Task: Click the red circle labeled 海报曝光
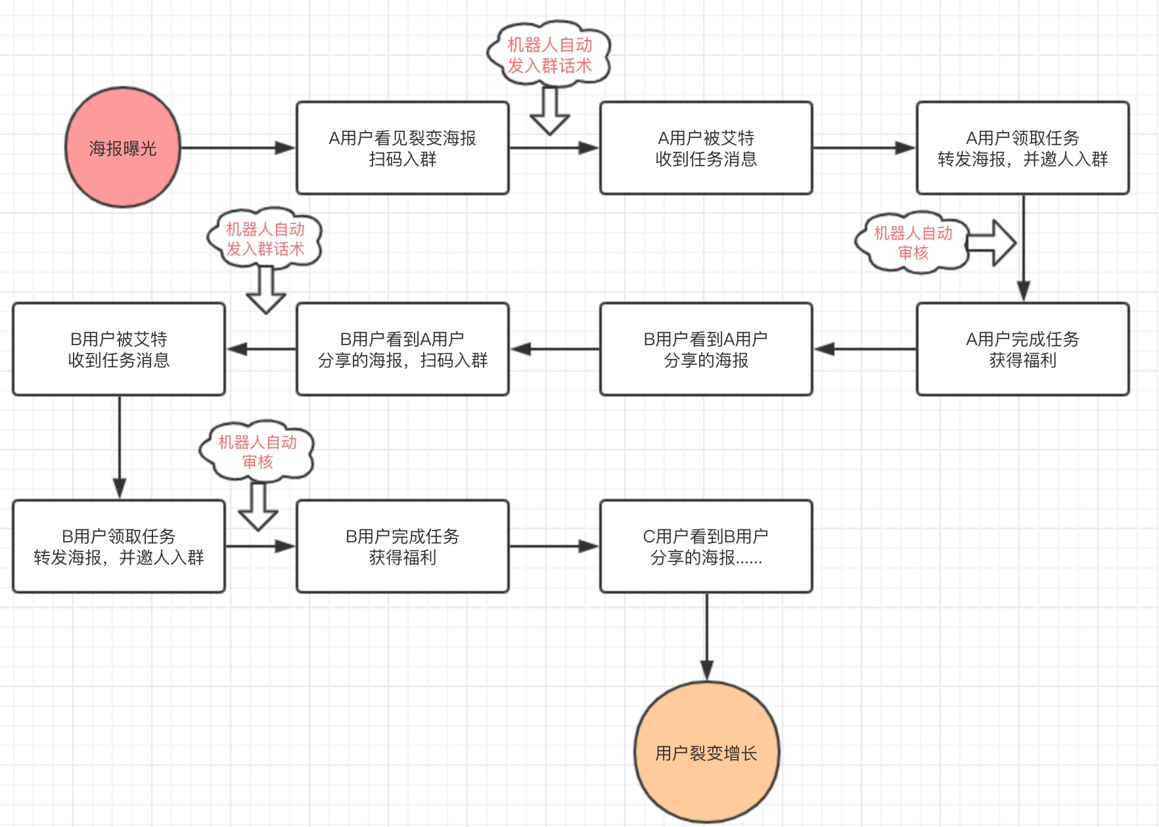point(123,148)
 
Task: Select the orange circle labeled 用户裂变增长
point(706,753)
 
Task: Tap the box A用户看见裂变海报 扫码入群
point(402,148)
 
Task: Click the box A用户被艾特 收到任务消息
point(706,148)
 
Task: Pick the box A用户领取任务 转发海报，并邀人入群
point(1022,148)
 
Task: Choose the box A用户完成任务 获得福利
point(1022,349)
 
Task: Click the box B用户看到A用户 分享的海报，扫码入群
point(402,349)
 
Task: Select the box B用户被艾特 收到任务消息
point(119,349)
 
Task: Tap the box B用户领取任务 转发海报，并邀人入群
point(119,546)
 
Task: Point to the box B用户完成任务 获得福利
point(402,546)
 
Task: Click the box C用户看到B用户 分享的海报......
point(706,546)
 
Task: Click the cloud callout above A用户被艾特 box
point(549,55)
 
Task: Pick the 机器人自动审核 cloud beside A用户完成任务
point(912,243)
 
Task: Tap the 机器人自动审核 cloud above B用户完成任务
point(257,452)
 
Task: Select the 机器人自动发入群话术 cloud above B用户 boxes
point(265,239)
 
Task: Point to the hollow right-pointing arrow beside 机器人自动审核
point(992,243)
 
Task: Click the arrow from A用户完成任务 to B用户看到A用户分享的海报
point(865,349)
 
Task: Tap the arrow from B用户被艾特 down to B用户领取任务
point(119,447)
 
